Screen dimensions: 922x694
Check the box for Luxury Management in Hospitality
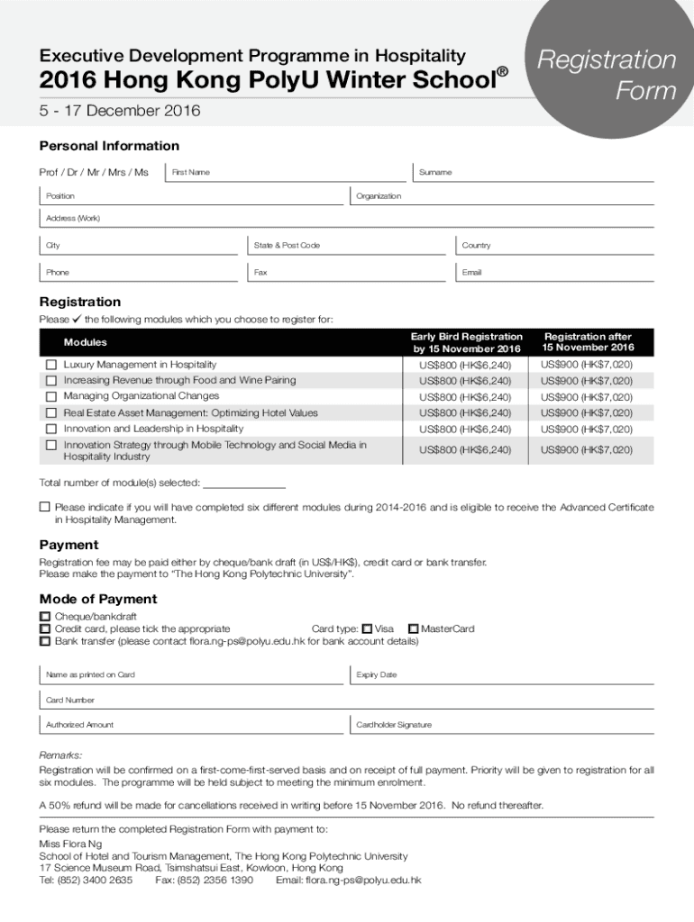tap(51, 365)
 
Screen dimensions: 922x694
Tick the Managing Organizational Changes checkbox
tap(51, 396)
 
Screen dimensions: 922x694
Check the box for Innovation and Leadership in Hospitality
tap(51, 429)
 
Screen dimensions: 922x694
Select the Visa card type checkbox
tap(367, 628)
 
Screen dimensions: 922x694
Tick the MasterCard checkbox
tap(414, 628)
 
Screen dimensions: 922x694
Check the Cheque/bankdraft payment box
tap(45, 617)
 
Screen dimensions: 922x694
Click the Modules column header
tap(86, 342)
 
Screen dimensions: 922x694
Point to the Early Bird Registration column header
tap(466, 342)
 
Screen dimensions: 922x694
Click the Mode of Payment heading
tap(98, 599)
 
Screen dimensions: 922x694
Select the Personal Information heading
tap(109, 146)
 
